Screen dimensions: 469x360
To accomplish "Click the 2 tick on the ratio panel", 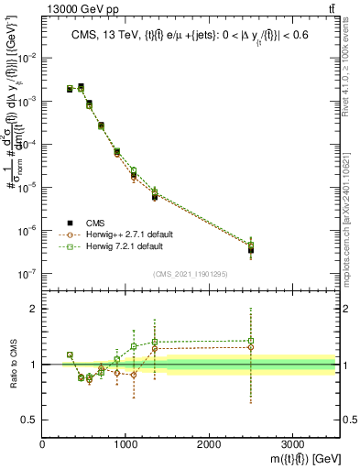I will click(x=33, y=309).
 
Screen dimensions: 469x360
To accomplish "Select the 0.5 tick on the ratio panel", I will click(x=30, y=420).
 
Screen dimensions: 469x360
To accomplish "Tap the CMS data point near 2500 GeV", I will click(x=251, y=249).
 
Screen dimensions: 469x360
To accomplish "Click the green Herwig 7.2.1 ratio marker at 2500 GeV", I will click(x=251, y=341).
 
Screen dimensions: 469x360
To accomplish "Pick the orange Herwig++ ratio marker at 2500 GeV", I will click(x=251, y=347).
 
